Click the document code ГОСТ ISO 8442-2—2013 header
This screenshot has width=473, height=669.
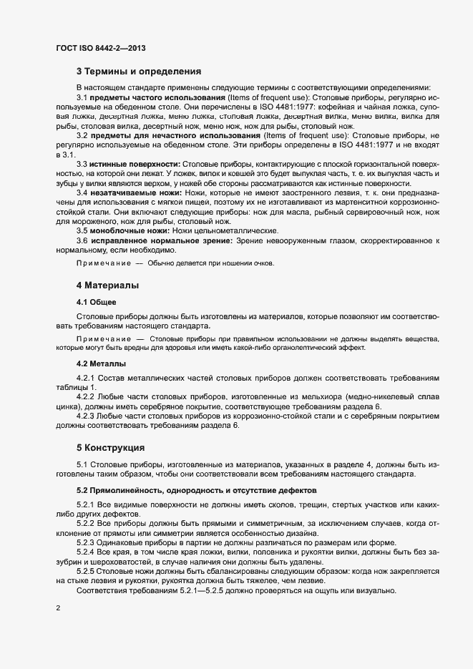[x=102, y=47]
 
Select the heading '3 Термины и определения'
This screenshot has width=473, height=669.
[x=139, y=71]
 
